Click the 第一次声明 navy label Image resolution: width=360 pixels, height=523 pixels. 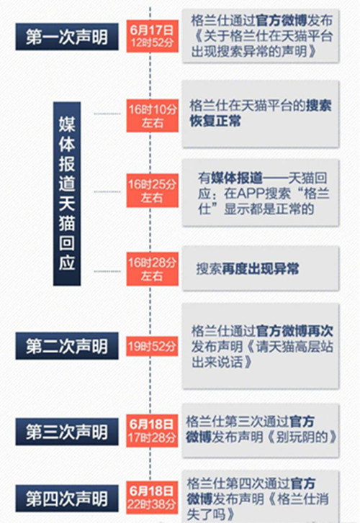click(67, 37)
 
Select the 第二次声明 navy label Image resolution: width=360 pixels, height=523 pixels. click(67, 346)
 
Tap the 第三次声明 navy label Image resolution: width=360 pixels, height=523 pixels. click(67, 432)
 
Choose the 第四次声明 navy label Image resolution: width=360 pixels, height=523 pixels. click(67, 499)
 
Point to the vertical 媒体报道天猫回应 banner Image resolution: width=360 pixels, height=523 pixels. click(67, 194)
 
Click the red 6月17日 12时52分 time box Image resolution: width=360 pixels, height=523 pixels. click(152, 36)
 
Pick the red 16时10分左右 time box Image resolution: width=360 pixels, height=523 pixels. click(152, 115)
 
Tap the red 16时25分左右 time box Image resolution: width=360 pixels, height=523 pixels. click(152, 191)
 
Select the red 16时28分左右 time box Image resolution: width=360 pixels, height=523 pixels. click(152, 269)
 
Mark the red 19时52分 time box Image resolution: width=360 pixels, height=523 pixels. click(152, 346)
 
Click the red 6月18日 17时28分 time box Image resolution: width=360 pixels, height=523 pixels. click(152, 431)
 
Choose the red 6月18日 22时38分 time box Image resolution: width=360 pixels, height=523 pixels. click(152, 498)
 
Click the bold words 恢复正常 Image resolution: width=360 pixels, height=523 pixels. click(215, 121)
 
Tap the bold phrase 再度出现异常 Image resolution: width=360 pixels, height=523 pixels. click(261, 269)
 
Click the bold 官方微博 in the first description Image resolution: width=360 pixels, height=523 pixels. click(282, 21)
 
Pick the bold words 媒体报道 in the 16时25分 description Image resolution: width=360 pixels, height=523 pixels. click(237, 178)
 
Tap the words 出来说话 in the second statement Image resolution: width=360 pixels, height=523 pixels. click(217, 362)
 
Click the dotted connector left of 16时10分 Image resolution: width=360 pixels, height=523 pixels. click(107, 114)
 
